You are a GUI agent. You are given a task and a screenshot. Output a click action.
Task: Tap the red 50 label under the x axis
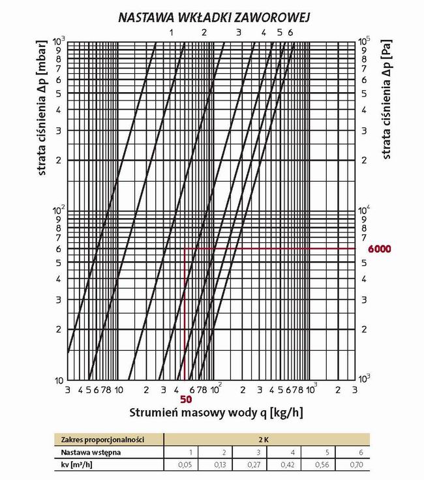click(x=185, y=399)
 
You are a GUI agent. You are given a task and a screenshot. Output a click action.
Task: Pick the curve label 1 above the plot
click(x=172, y=33)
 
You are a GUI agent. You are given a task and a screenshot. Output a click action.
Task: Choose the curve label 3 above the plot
click(x=238, y=33)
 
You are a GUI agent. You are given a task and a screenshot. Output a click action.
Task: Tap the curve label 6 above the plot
click(x=290, y=33)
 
